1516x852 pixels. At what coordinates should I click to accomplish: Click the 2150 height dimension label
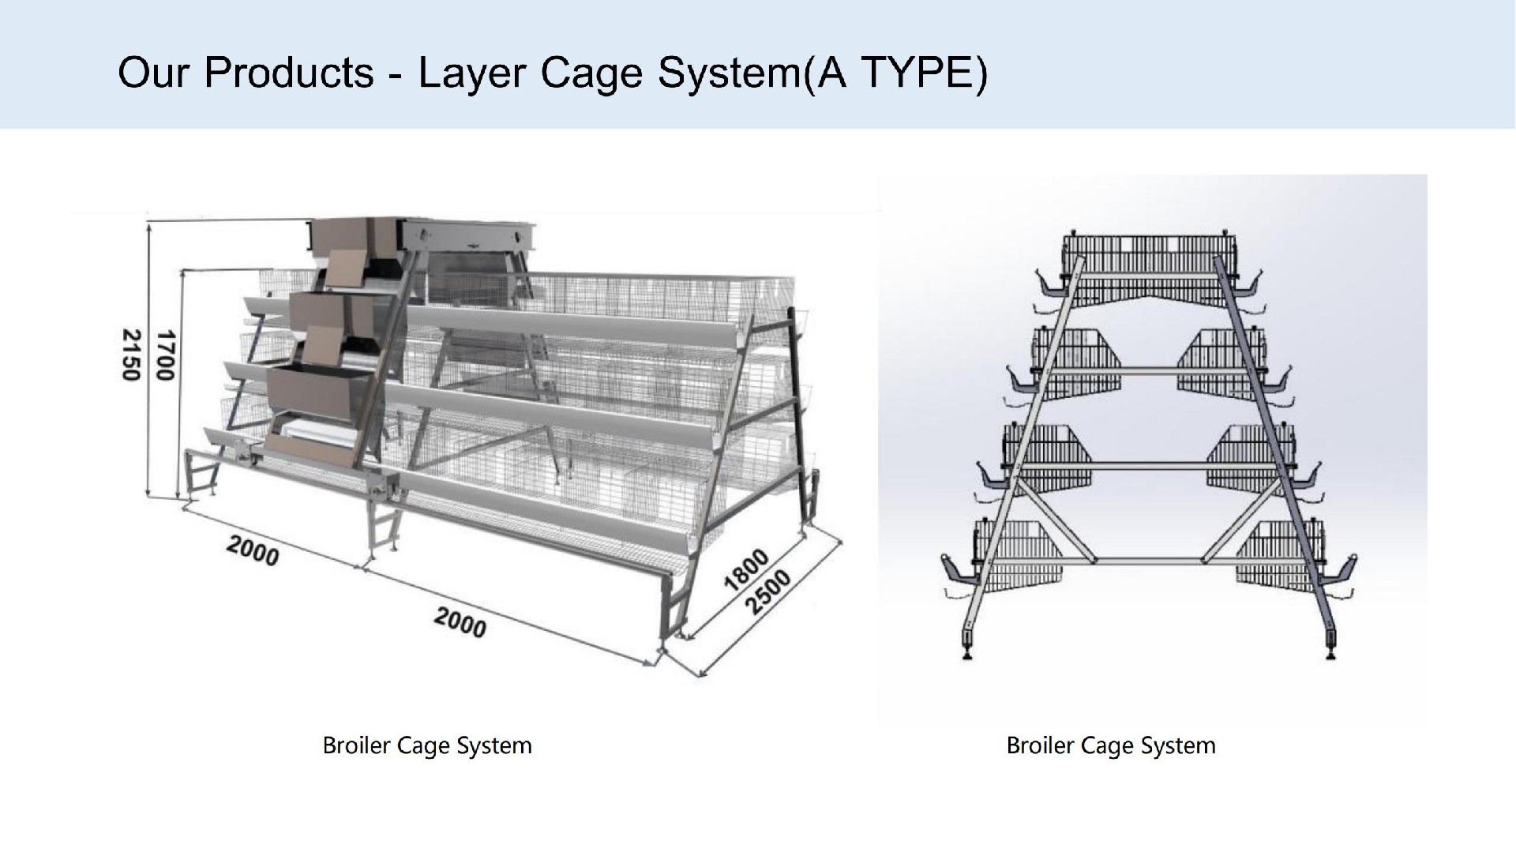click(131, 356)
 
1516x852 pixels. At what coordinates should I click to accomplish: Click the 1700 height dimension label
click(164, 356)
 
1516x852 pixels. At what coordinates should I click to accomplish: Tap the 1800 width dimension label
click(745, 569)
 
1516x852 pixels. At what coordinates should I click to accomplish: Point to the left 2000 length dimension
click(253, 550)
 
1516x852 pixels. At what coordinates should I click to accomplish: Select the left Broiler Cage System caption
click(427, 745)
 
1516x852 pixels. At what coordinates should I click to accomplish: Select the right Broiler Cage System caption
click(1111, 745)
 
